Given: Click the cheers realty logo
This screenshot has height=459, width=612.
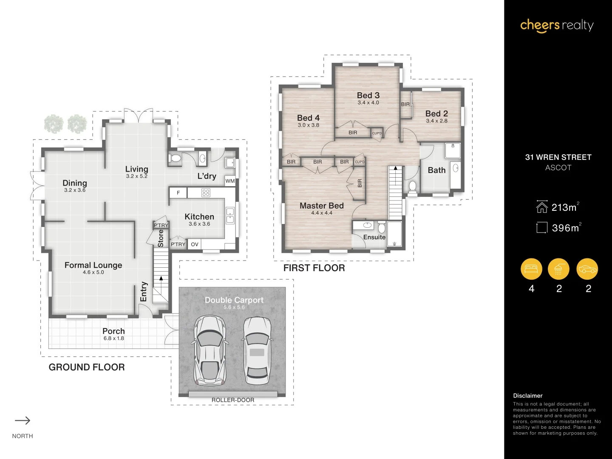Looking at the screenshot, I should (557, 25).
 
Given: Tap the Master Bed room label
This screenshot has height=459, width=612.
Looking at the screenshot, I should (321, 206).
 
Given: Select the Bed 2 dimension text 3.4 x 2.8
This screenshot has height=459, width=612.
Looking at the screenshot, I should (436, 121).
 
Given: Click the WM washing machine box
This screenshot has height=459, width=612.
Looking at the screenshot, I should (230, 181).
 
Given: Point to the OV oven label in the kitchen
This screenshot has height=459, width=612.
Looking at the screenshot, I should (195, 244).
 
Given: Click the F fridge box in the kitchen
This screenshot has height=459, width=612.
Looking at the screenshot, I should (178, 193).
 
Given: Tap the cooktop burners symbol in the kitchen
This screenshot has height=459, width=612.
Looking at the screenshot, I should (206, 193).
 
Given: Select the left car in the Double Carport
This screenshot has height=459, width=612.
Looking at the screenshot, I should (210, 350).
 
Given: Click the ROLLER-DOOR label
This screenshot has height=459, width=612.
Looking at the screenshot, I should (233, 400).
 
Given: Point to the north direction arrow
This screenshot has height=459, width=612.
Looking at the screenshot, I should (23, 421).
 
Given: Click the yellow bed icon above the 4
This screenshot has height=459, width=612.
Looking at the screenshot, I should (531, 269).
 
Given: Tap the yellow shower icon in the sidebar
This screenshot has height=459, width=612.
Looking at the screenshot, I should (558, 269).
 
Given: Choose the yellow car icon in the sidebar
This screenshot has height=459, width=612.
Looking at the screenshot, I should (587, 269).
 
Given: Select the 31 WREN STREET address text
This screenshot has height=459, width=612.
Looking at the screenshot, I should (558, 157).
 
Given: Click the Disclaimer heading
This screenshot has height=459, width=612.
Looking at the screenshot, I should (527, 396).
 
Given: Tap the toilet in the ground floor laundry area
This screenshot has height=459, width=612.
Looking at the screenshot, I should (175, 159).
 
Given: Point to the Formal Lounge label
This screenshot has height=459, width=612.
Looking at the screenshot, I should (93, 265).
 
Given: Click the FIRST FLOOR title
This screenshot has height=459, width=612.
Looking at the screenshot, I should (314, 268).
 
